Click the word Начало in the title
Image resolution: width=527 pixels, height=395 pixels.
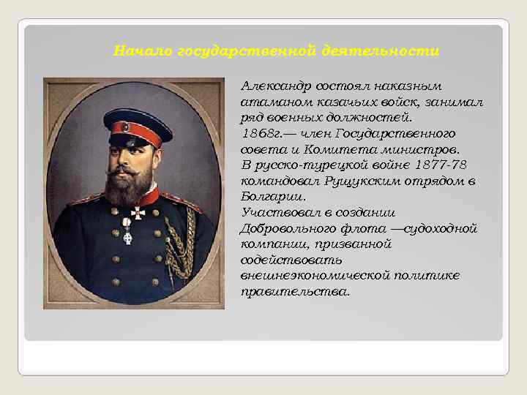pos(135,51)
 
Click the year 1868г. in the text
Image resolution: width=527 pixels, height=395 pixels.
pos(258,133)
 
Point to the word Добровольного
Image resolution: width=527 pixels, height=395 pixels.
pos(282,228)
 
